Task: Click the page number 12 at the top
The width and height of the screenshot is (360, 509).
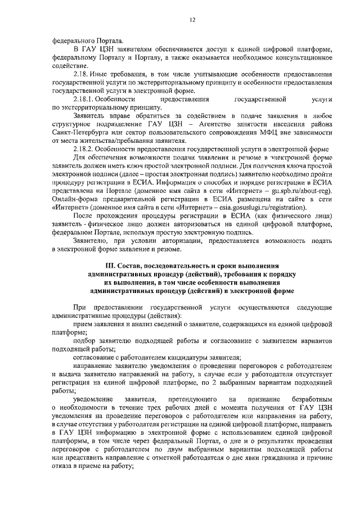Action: [192, 20]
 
